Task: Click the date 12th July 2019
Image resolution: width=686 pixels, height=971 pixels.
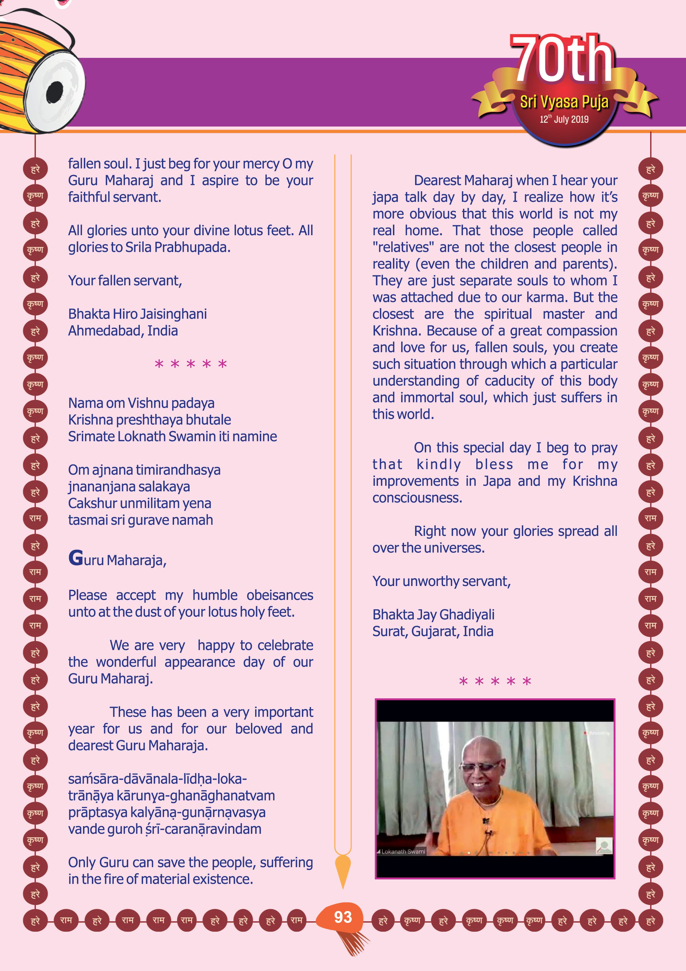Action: [564, 119]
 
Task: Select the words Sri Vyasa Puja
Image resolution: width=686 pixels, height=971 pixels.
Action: [564, 102]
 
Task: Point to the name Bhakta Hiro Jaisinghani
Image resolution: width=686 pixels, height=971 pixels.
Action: [137, 314]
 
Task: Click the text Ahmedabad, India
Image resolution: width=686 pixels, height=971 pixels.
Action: [123, 331]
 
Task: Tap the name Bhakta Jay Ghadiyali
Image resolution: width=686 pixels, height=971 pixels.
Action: [433, 614]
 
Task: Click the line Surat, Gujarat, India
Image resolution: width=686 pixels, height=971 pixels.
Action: [433, 631]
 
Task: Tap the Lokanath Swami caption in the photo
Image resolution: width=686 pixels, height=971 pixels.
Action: [403, 851]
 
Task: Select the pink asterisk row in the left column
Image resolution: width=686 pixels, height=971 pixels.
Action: [191, 364]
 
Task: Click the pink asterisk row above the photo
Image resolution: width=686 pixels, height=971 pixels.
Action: [495, 681]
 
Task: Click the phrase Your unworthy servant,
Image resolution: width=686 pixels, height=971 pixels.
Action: [441, 582]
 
